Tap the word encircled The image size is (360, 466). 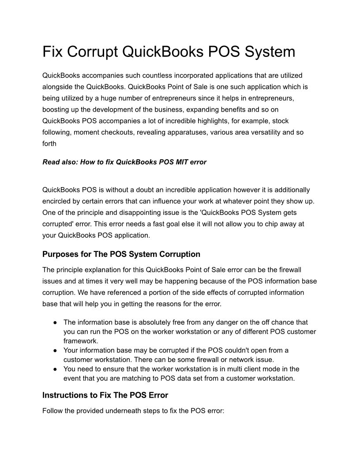57,201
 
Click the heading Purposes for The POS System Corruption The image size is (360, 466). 121,254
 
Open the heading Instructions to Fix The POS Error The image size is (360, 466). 105,395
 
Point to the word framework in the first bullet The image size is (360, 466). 80,341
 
